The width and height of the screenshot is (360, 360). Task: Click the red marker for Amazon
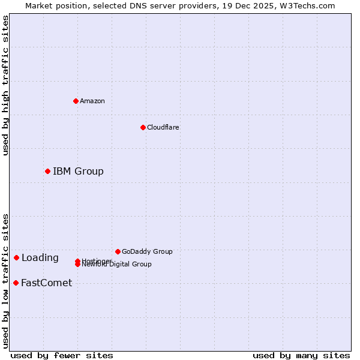pos(76,101)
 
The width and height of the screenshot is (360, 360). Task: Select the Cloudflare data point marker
pos(143,127)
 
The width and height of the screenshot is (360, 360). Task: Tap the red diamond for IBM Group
pos(47,172)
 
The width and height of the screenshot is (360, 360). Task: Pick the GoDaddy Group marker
pos(118,251)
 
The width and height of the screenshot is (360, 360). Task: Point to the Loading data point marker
pos(16,258)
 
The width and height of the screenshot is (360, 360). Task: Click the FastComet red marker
pos(16,283)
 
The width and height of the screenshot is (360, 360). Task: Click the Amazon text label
pos(92,101)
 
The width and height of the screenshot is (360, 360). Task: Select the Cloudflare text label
pos(163,127)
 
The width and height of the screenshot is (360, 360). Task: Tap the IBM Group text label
pos(78,172)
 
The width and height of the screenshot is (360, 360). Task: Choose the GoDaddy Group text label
pos(147,251)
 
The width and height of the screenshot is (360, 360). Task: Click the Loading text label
pos(40,258)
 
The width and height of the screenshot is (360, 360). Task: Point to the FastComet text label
pos(46,283)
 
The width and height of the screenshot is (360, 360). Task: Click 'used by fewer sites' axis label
pos(62,355)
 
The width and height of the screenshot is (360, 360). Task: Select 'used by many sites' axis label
pos(301,355)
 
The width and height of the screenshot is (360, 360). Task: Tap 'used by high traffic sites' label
pos(6,85)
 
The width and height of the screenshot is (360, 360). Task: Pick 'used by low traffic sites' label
pos(6,280)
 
